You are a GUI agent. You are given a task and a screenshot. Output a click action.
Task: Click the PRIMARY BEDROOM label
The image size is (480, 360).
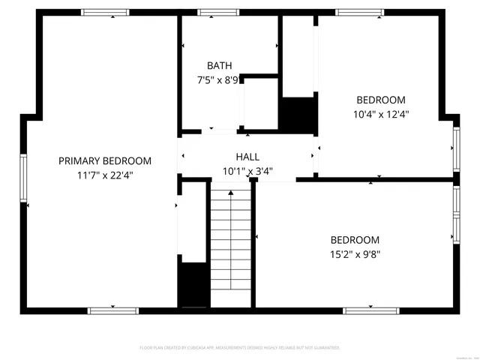105,160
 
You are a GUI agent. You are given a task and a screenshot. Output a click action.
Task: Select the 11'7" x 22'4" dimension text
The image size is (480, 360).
105,175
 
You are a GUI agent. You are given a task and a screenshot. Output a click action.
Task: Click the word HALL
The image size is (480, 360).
247,157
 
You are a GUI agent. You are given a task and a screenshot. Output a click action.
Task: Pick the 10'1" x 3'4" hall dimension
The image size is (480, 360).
247,171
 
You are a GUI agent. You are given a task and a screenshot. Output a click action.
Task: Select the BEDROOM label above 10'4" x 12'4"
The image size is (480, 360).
380,100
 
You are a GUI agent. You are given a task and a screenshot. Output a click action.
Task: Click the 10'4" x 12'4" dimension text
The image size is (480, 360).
380,114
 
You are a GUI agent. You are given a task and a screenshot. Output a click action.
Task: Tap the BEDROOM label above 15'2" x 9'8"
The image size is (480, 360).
355,240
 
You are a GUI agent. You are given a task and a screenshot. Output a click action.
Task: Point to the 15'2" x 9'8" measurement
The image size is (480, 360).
355,254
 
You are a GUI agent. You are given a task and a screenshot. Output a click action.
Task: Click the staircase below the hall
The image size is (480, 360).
231,247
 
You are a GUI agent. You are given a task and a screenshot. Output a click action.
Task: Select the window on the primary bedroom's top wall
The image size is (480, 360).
105,13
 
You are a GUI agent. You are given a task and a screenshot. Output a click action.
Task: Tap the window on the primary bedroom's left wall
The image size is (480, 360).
24,178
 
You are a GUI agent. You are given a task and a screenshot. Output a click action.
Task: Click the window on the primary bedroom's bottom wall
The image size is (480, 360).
112,310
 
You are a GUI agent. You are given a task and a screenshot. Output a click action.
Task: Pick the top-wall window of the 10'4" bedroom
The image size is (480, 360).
359,13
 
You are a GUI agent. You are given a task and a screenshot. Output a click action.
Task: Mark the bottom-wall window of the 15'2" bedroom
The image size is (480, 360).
370,310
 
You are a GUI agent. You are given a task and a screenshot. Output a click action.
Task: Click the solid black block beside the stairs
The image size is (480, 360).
193,284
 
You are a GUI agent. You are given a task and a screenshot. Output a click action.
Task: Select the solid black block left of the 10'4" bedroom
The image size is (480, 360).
297,114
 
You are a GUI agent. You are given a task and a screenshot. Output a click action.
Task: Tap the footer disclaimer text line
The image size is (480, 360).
240,348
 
